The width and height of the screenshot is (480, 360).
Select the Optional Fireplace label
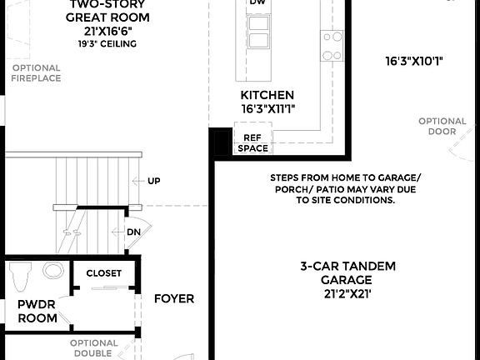coord(36,73)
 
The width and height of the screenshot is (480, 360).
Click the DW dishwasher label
coord(258,2)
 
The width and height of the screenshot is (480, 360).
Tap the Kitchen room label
coord(267,95)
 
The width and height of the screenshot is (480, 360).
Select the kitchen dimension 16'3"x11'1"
coord(267,108)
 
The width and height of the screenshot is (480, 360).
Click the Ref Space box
coord(252,143)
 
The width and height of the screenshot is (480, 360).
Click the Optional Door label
coord(442,126)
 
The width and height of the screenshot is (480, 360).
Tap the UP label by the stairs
coord(154,181)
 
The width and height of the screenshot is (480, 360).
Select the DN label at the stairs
coord(133,232)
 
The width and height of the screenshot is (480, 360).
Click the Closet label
coord(103,273)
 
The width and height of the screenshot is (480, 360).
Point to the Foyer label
coord(173,298)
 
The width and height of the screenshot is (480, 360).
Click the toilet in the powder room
coord(20,275)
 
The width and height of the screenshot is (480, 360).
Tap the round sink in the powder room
coord(52,270)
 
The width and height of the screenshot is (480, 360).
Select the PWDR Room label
coord(37,311)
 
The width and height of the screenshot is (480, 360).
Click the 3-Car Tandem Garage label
coord(348,272)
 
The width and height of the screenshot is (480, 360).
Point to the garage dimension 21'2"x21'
coord(348,294)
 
